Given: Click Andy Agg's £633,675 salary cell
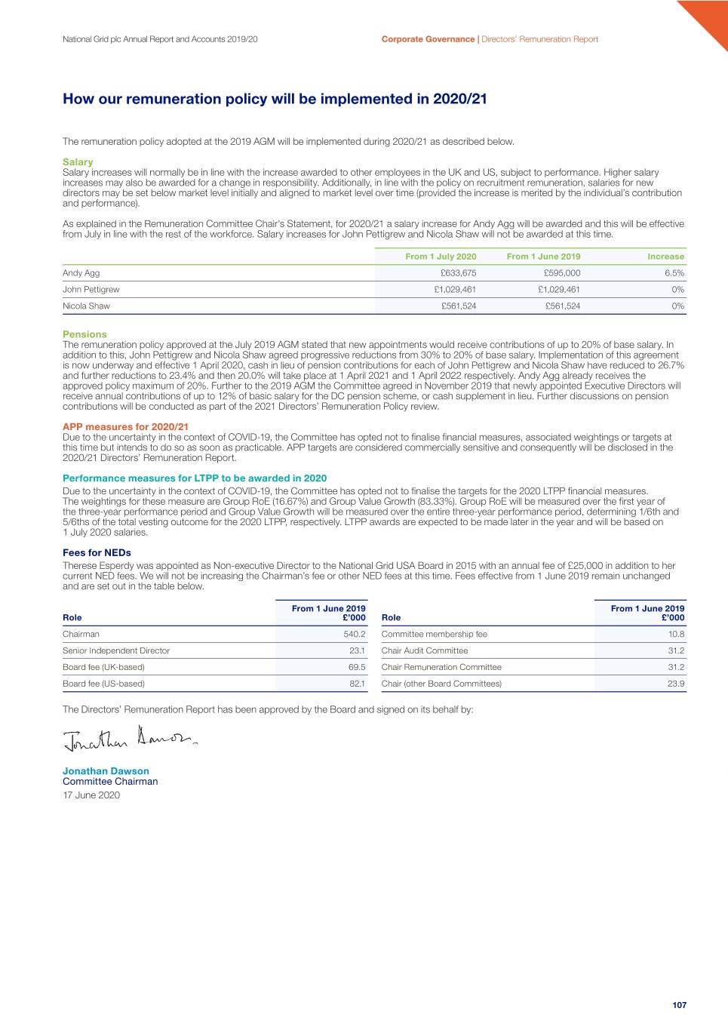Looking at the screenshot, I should click(458, 273).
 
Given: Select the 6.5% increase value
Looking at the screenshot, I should click(674, 273).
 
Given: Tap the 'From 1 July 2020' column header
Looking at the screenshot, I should click(441, 257).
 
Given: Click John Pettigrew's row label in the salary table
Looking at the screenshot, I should click(91, 290).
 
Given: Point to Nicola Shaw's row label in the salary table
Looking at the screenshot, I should click(86, 306).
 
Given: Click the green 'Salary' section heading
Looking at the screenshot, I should click(78, 162).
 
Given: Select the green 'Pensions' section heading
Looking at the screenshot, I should click(84, 334).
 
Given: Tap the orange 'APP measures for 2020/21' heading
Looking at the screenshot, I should click(125, 427).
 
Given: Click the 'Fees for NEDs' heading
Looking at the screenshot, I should click(97, 553).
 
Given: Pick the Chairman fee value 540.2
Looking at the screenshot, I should click(354, 635).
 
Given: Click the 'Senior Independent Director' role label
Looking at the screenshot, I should click(116, 651).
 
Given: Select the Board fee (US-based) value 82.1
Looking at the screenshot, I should click(357, 684).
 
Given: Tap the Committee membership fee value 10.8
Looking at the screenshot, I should click(676, 635).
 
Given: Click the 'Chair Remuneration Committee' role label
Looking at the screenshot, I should click(441, 668).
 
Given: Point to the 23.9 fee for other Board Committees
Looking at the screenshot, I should click(675, 684).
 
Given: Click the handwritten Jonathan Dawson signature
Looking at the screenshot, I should click(130, 738).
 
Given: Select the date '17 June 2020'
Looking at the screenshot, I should click(91, 795).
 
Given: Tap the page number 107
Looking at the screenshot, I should click(679, 1005).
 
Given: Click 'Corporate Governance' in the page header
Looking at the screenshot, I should click(428, 39).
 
